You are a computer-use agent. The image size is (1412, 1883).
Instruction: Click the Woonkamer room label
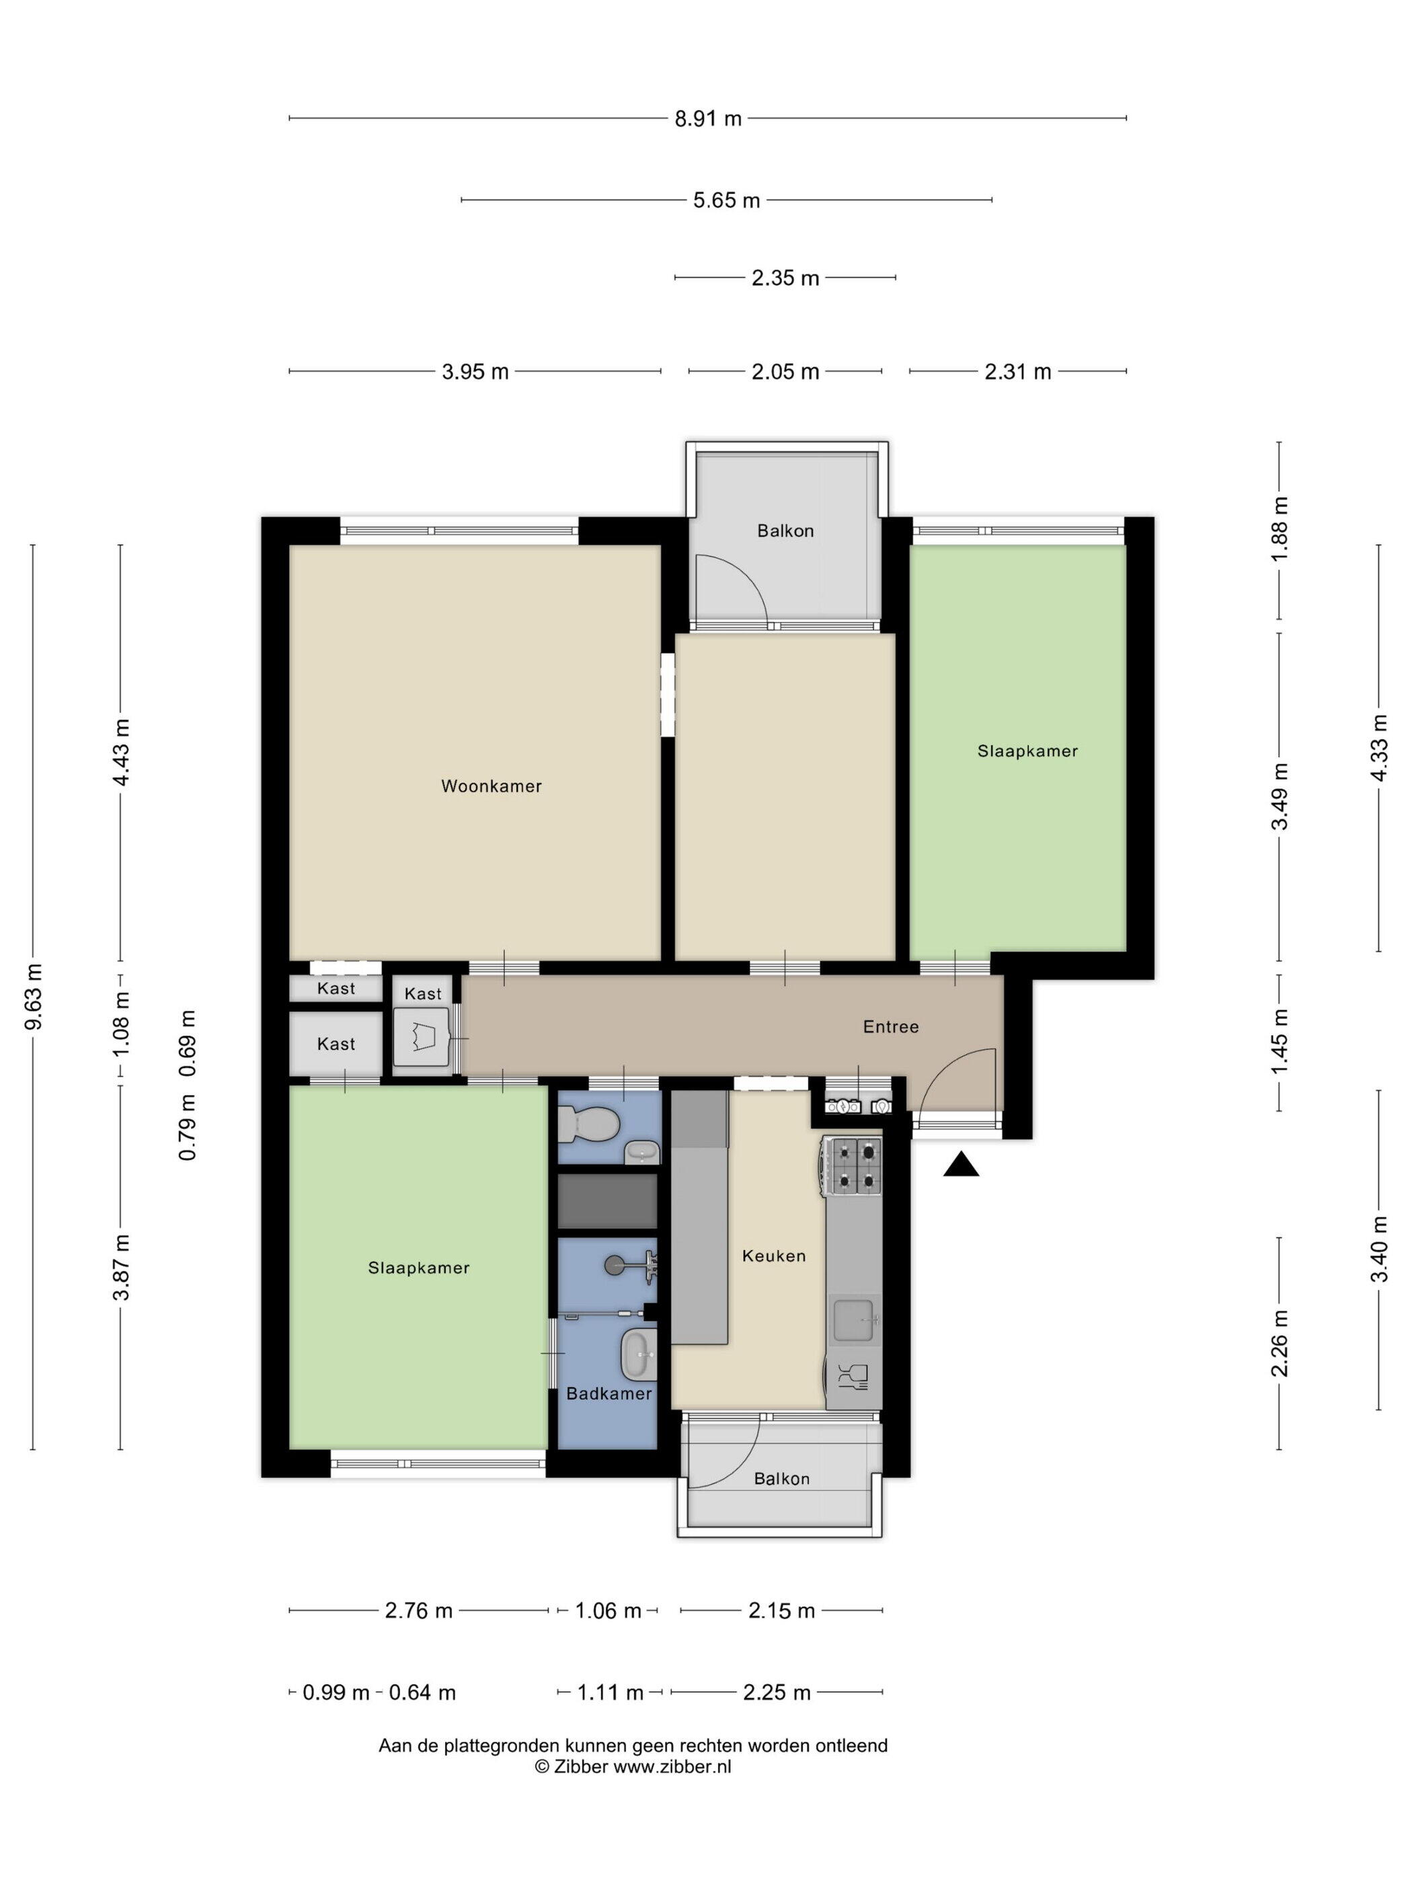point(491,785)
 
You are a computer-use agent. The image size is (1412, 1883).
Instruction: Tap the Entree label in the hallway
point(890,1027)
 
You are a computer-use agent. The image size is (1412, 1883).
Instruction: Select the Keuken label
point(774,1256)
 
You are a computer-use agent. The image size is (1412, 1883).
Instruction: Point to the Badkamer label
point(609,1393)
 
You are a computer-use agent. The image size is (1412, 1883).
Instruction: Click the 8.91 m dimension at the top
point(708,118)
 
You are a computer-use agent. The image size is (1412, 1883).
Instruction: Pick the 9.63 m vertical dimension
point(33,997)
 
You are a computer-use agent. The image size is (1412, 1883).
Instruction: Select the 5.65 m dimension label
point(726,200)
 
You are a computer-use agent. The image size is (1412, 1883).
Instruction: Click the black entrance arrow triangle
point(961,1163)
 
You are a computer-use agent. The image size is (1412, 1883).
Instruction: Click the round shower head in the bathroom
point(614,1266)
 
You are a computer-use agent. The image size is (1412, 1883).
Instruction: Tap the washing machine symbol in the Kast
point(423,1037)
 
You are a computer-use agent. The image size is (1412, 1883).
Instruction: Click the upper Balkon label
point(785,531)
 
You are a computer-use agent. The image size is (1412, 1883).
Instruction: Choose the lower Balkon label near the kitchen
point(781,1479)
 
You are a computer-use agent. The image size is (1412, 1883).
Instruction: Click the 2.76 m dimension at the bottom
point(419,1611)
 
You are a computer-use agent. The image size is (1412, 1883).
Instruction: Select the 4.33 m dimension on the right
point(1379,747)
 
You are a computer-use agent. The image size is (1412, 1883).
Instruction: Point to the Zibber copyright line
point(633,1767)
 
